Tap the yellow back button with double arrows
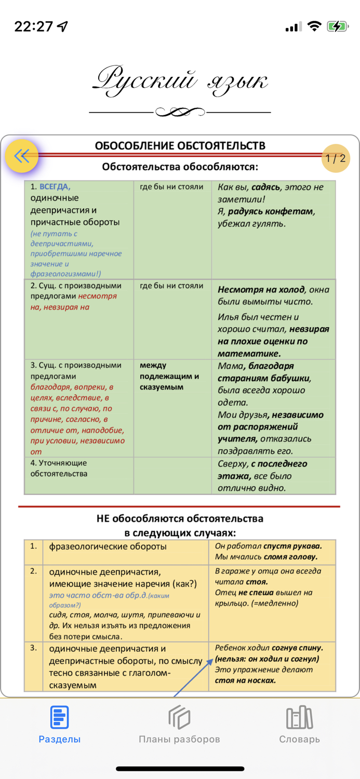tap(22, 156)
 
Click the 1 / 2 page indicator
tap(336, 158)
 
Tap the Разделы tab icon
tap(59, 718)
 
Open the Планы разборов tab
tap(179, 724)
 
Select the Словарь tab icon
tap(299, 718)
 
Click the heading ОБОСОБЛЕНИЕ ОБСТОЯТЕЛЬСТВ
tap(180, 145)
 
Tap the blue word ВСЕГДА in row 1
tap(55, 186)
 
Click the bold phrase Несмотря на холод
tap(260, 290)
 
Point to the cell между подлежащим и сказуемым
tap(169, 376)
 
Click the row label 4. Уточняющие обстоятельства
tap(59, 468)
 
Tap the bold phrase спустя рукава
tap(292, 546)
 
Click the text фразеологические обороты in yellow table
tap(108, 546)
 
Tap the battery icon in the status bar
tap(337, 26)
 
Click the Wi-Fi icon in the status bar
tap(314, 26)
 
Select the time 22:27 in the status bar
tap(34, 26)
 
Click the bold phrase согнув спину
tap(298, 648)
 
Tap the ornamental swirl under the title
tap(180, 112)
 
